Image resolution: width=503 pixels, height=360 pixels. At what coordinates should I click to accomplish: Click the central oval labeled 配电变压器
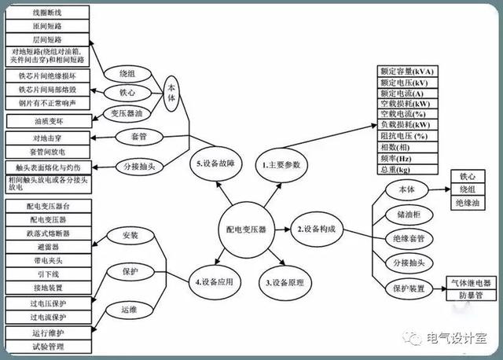[241, 230]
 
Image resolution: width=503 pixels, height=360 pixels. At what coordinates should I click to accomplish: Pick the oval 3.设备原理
[285, 282]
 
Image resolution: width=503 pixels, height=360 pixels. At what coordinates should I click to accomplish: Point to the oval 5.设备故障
[211, 166]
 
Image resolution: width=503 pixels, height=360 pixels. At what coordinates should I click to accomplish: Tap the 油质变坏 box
[49, 122]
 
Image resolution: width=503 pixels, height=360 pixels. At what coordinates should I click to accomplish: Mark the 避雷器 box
[49, 247]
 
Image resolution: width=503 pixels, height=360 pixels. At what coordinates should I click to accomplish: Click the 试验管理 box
[49, 346]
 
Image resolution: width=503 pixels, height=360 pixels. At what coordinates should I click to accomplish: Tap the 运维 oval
[130, 309]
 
